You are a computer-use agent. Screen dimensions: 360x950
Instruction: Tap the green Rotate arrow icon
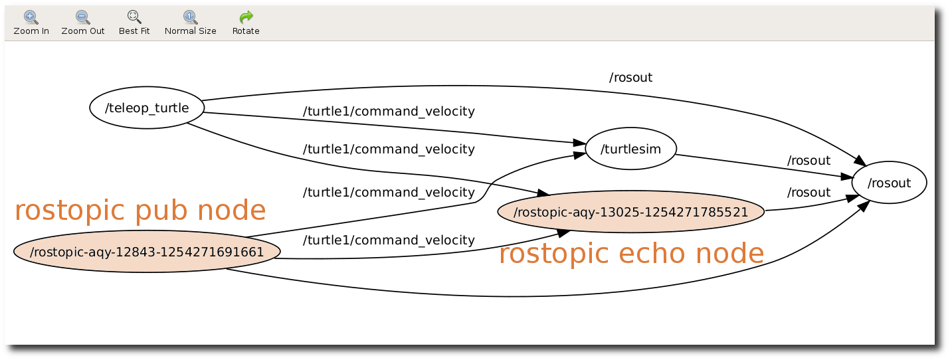[246, 17]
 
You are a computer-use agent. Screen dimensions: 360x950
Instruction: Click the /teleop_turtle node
[147, 108]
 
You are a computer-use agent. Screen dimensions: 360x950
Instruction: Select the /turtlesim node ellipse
[630, 149]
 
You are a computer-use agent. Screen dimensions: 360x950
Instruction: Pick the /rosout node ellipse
[889, 183]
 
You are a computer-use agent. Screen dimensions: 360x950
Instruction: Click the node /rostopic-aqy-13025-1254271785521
[630, 213]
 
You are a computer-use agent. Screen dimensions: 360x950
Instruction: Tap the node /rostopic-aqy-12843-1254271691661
[147, 252]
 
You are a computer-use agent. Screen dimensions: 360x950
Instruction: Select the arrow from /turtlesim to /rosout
[764, 166]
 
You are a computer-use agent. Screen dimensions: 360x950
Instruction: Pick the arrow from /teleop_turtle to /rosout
[465, 86]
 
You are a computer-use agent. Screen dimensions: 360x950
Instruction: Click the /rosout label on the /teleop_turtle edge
[630, 78]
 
